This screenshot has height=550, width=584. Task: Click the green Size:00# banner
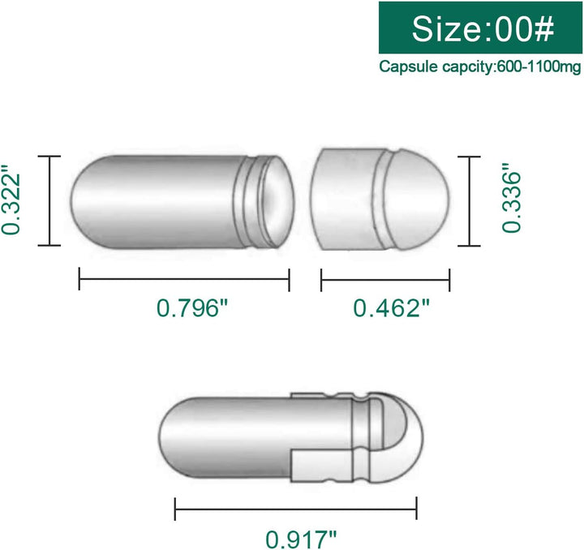coord(482,28)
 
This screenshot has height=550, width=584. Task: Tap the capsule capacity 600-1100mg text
coord(482,67)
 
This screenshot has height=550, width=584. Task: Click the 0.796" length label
coord(188,309)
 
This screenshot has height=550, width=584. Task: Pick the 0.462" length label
coord(390,309)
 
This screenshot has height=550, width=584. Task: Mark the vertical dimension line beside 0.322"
coord(52,200)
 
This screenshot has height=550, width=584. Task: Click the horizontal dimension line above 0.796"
coord(184,280)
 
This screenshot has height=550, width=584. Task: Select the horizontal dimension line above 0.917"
coord(297,509)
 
